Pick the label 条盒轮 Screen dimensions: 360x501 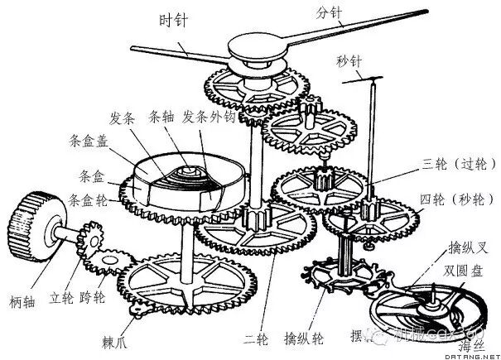(x=89, y=199)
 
